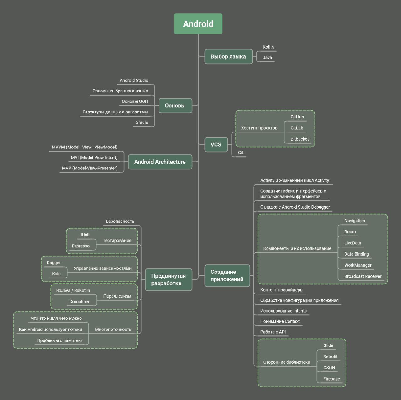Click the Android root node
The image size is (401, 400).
click(198, 24)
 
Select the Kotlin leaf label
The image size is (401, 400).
click(268, 47)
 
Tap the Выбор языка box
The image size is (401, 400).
click(228, 57)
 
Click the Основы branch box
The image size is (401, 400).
click(175, 106)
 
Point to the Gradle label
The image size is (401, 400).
click(142, 122)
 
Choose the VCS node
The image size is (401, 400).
click(216, 144)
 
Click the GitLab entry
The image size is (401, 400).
click(297, 128)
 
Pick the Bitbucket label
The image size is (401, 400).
click(299, 139)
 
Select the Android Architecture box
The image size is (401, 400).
click(160, 162)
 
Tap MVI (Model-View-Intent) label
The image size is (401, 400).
click(94, 158)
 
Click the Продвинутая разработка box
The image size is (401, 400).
click(169, 279)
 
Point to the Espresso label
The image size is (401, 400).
click(81, 246)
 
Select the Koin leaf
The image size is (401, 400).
click(56, 274)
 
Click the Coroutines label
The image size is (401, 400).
click(80, 302)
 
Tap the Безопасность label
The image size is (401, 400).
click(120, 221)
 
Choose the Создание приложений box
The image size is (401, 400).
click(227, 276)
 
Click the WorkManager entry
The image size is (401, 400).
click(358, 265)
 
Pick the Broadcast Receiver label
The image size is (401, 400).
click(363, 276)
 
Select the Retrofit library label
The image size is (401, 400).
click(330, 356)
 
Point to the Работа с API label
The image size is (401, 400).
click(273, 332)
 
